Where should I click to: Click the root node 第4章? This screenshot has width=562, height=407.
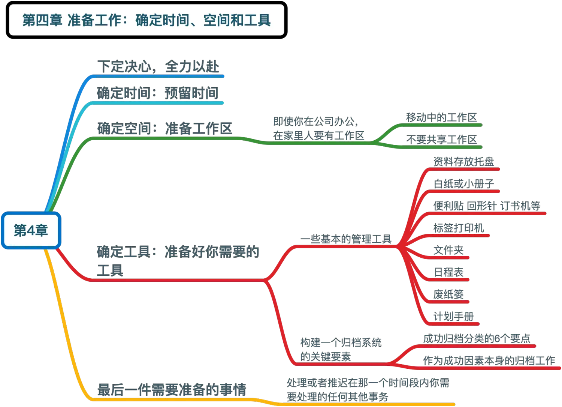click(31, 230)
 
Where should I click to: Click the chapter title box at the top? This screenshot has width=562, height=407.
click(146, 20)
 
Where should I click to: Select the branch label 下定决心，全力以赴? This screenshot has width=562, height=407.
click(157, 66)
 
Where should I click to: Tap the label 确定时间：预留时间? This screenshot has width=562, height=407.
click(157, 93)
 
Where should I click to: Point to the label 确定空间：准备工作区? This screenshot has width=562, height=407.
click(165, 128)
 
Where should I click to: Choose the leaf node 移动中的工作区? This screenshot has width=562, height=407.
click(442, 117)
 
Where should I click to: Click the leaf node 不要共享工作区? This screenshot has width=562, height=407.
click(442, 140)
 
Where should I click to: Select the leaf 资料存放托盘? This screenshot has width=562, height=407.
click(463, 162)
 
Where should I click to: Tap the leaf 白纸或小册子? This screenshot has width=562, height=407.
click(464, 184)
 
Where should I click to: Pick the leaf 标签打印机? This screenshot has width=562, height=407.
click(459, 228)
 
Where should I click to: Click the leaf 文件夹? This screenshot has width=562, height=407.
click(448, 250)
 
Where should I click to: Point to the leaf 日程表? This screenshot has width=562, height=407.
click(448, 272)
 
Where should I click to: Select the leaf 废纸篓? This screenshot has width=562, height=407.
click(448, 294)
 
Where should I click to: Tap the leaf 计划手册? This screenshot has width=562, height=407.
click(453, 316)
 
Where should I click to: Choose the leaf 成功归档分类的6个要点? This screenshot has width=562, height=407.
click(477, 338)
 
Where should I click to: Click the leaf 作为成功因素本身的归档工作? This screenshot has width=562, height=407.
click(489, 360)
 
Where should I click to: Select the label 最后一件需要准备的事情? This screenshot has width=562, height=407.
click(172, 389)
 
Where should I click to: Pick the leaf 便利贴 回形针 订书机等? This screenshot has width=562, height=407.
click(487, 206)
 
